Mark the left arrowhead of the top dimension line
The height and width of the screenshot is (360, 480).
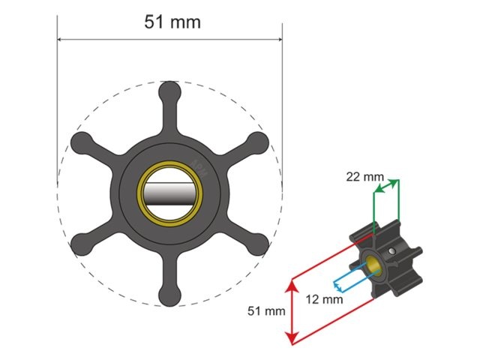click(62, 40)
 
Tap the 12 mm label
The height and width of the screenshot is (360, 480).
click(325, 298)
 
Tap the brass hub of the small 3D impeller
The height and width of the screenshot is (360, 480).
click(372, 263)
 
